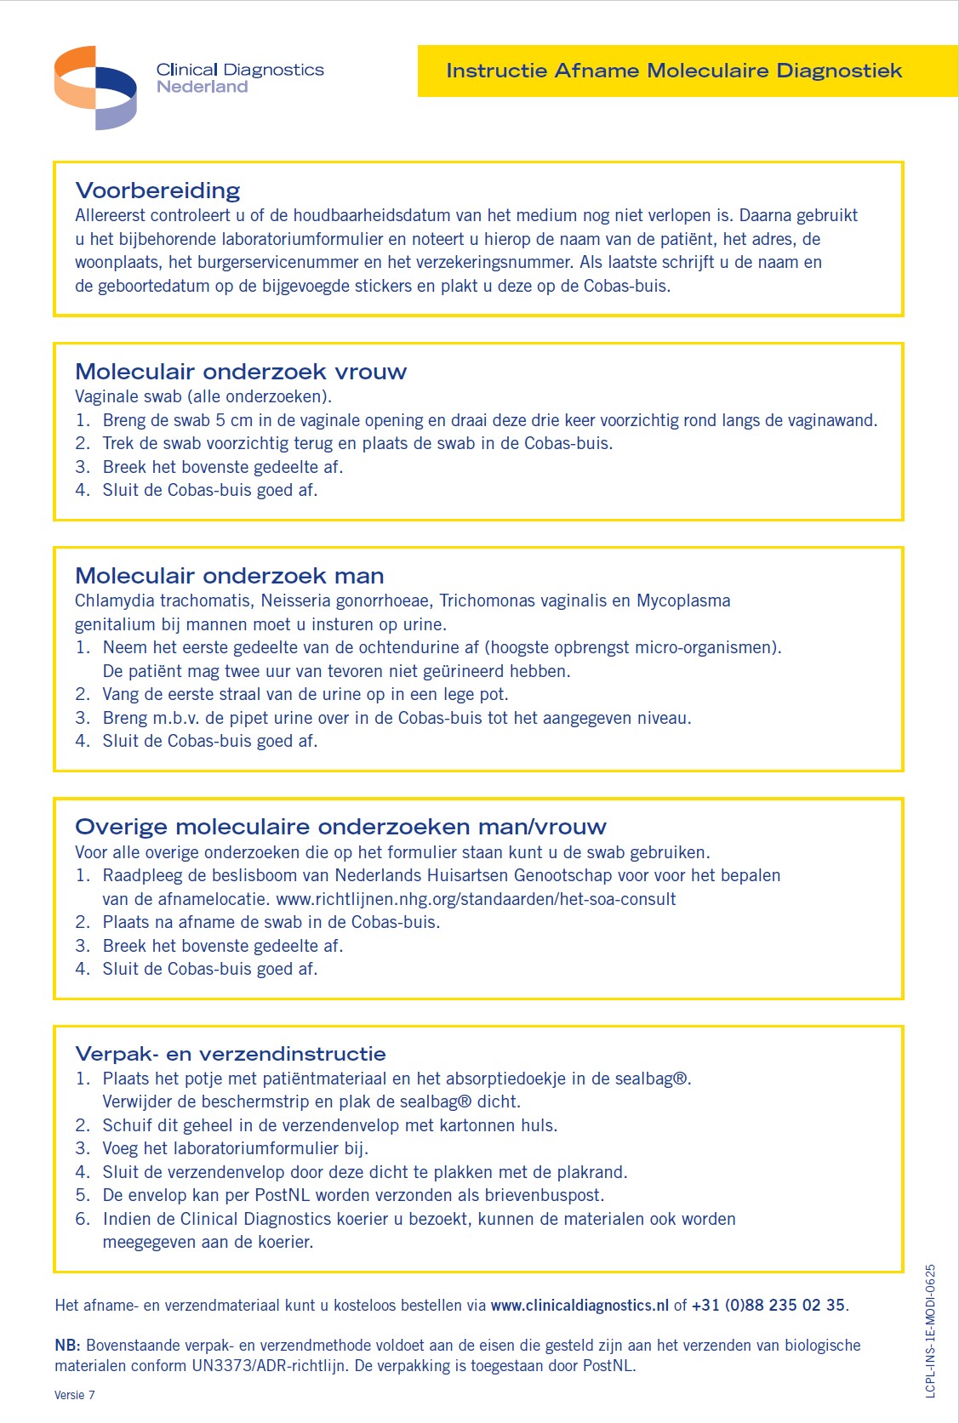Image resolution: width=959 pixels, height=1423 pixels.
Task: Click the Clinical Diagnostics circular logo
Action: click(94, 88)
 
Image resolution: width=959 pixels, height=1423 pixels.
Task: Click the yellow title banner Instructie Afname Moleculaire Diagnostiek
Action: click(673, 71)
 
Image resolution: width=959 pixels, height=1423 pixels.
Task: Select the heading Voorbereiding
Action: click(157, 191)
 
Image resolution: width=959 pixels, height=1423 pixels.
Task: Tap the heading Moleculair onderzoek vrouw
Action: click(241, 372)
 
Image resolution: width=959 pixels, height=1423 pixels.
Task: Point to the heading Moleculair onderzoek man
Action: click(230, 576)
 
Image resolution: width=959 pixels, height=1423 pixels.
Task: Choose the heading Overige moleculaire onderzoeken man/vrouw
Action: click(340, 827)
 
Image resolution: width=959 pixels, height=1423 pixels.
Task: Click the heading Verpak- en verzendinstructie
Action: click(231, 1054)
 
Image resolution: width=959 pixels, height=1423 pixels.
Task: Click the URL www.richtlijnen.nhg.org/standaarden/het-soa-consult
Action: click(476, 899)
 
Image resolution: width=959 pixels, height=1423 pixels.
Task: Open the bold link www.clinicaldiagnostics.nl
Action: click(579, 1306)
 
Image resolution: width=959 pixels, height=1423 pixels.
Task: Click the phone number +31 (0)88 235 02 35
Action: click(768, 1306)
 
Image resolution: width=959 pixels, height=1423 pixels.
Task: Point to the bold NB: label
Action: click(67, 1346)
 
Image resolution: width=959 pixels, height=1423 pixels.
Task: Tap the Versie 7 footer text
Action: click(75, 1395)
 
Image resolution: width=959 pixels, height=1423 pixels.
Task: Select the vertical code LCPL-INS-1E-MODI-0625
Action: click(930, 1330)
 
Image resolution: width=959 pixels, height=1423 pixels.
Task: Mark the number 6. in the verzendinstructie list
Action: click(83, 1219)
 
